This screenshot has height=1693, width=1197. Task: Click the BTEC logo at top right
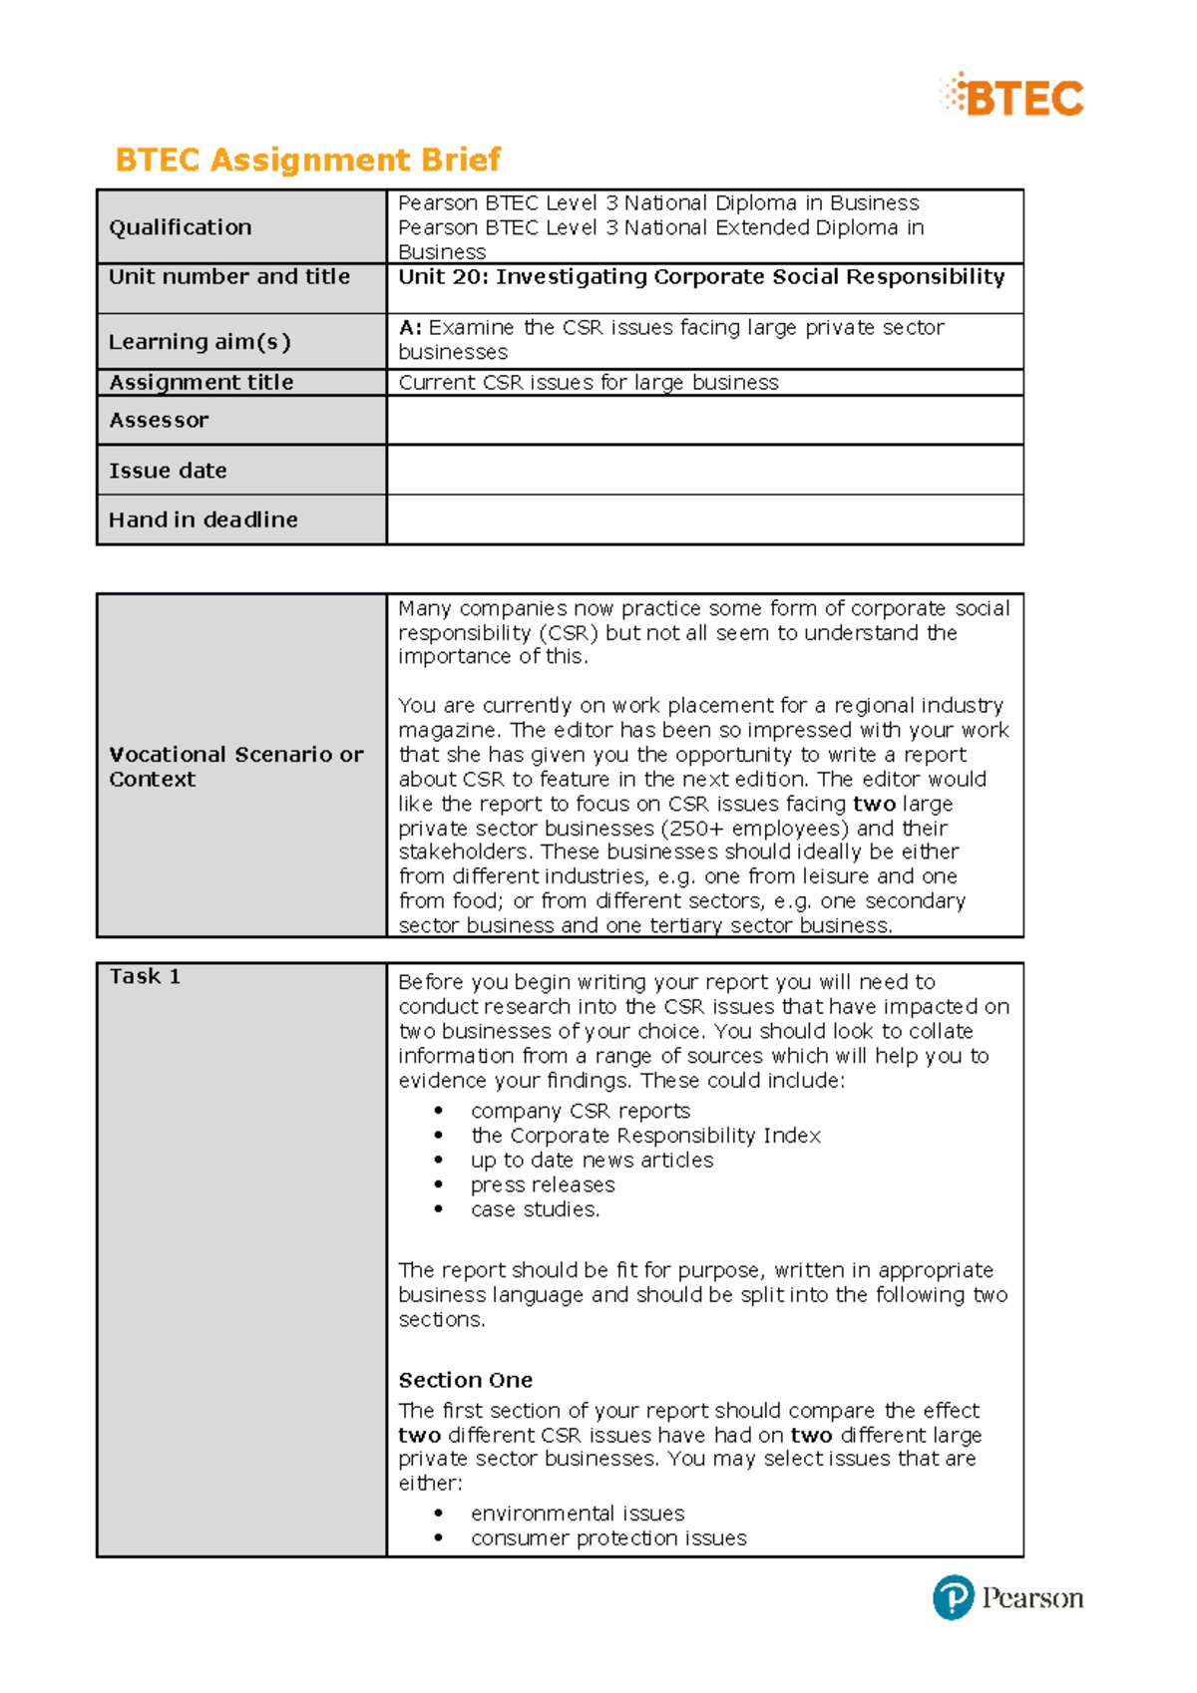(x=1012, y=97)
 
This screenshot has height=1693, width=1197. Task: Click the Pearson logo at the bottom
(x=1007, y=1597)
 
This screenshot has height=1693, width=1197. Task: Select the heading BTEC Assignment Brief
(x=307, y=160)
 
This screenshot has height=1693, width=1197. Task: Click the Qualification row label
(x=181, y=227)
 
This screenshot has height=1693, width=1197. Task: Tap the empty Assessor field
(x=704, y=420)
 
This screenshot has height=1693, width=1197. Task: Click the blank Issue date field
(x=704, y=470)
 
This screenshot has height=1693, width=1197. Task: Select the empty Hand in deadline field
(x=704, y=519)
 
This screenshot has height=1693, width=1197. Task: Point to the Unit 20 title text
(x=701, y=277)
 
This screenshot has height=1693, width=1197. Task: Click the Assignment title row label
(x=200, y=383)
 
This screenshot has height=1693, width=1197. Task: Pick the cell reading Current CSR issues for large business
(x=589, y=383)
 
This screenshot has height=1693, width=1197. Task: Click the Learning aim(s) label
(x=199, y=342)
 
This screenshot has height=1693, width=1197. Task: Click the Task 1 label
(x=145, y=977)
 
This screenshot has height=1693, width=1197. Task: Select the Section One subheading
(x=465, y=1380)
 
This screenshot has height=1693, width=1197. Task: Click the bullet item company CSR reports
(x=580, y=1111)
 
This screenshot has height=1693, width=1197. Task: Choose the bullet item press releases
(x=543, y=1185)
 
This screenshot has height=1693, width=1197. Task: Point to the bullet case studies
(x=535, y=1209)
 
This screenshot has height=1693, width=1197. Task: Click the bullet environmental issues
(x=577, y=1514)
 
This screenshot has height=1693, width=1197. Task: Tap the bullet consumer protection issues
(x=608, y=1538)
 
